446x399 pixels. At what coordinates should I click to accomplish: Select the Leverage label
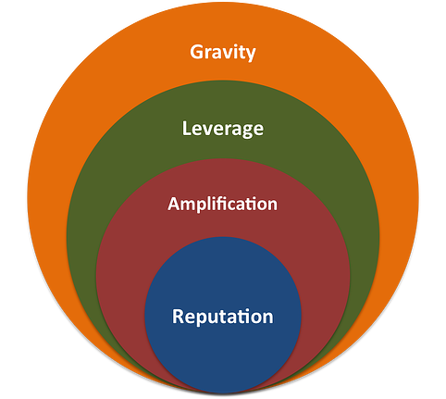(x=223, y=128)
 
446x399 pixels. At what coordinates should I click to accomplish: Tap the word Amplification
(x=223, y=204)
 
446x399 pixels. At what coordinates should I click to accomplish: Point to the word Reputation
(x=223, y=317)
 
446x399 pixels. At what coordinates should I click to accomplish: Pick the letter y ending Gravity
(x=250, y=54)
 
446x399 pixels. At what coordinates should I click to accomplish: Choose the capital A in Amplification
(x=173, y=203)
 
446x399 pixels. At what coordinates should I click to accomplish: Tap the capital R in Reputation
(x=179, y=316)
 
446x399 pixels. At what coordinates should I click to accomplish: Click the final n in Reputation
(x=268, y=318)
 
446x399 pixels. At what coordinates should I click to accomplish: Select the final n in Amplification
(x=273, y=205)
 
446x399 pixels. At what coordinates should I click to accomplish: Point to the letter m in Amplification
(x=188, y=205)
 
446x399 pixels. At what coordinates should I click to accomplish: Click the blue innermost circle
(x=223, y=347)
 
